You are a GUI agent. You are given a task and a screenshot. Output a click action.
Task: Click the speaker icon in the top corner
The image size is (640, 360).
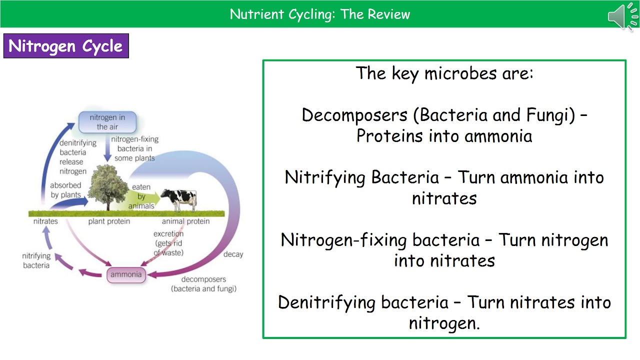(623, 16)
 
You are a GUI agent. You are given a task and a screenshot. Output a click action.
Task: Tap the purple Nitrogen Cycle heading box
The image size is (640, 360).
(66, 46)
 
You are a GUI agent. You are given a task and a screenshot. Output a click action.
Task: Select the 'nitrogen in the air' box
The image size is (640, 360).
(107, 122)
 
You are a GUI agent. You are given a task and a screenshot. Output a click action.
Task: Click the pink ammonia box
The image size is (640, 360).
(126, 274)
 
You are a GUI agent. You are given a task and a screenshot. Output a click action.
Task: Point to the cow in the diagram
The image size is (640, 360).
(178, 199)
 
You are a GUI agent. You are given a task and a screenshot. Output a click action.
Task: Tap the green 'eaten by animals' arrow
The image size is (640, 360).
(145, 197)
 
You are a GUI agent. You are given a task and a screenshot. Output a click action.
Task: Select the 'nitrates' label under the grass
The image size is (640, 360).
(45, 221)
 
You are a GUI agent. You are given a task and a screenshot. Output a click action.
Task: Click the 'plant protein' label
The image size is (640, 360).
(109, 221)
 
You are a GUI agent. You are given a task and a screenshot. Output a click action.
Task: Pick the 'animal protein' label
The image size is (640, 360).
(185, 221)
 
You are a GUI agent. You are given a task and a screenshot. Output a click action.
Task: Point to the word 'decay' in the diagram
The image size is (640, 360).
(233, 254)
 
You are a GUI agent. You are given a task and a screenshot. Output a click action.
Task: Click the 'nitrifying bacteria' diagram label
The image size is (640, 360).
(36, 260)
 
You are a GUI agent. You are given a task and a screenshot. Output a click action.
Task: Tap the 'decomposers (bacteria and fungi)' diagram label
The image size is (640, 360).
(203, 284)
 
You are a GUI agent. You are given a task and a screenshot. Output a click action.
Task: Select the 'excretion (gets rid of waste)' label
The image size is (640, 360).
(168, 243)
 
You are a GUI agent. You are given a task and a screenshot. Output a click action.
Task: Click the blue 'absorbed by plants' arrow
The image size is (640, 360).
(75, 202)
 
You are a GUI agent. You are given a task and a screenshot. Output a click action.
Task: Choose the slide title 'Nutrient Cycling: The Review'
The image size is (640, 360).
(320, 14)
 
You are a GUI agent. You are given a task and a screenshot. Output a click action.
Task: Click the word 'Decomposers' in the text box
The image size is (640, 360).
(354, 115)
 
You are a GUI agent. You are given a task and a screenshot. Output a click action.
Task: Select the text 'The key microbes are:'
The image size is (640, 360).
(444, 73)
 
